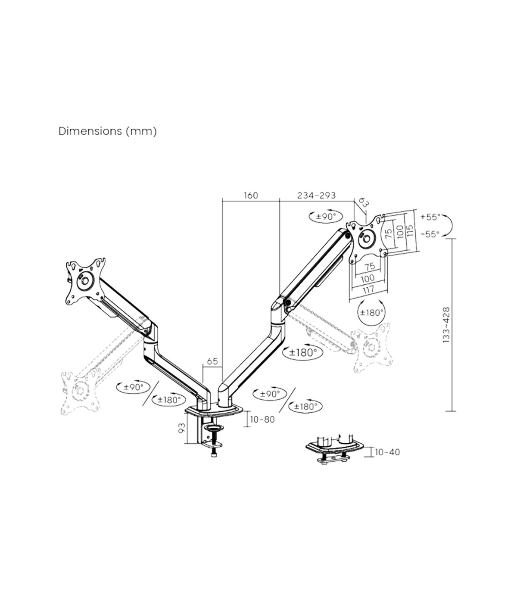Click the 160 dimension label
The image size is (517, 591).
point(250,196)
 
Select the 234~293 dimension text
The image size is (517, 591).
point(316,196)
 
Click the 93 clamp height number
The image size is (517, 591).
point(181,428)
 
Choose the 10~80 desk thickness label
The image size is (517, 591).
point(262,419)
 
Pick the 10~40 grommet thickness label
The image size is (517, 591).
point(387,452)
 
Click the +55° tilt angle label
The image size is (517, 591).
point(430,216)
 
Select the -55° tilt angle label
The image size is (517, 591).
point(430,234)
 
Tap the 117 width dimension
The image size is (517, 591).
point(369,290)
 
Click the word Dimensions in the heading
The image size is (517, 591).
point(90,131)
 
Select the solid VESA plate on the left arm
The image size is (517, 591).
point(84,280)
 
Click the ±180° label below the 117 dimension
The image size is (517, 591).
point(371,312)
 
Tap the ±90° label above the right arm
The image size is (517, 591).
point(326,216)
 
